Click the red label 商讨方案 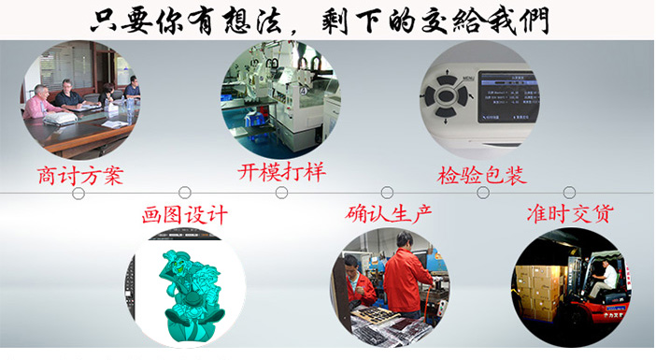tap(80, 175)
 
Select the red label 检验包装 tap(482, 174)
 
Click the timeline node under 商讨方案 tap(78, 193)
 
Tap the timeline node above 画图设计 tap(185, 193)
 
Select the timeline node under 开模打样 tap(281, 193)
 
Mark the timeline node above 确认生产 tap(387, 193)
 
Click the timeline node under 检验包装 tap(483, 193)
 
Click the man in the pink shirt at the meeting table tap(38, 102)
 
